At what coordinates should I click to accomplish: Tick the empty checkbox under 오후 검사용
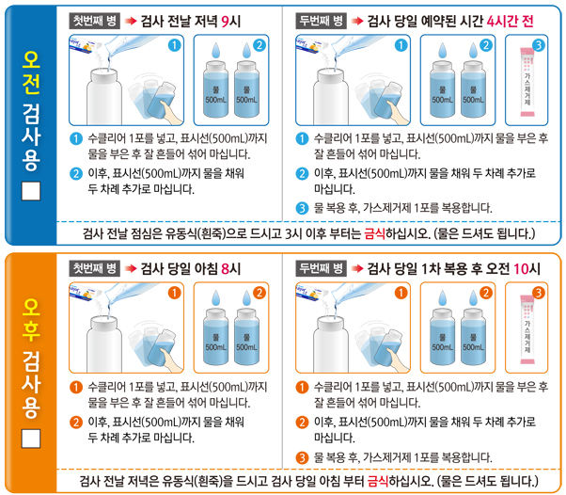coord(31,439)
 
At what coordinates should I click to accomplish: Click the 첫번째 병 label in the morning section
coord(97,21)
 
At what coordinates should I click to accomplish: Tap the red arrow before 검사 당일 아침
coord(131,268)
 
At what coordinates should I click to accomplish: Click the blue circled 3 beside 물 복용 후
coord(302,207)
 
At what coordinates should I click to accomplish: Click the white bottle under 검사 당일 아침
coord(106,342)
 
